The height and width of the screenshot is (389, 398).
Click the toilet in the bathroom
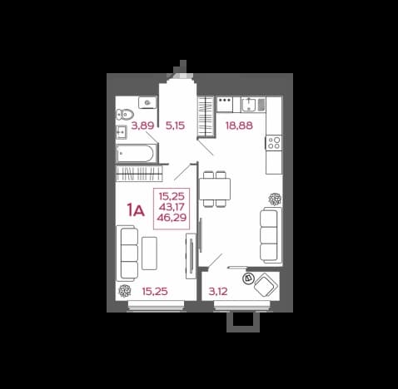[125, 114]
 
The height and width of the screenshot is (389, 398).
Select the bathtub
[136, 153]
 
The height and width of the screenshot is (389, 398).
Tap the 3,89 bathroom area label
[142, 126]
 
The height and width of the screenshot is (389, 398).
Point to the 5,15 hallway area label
[175, 126]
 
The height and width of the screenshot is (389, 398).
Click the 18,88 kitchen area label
[239, 126]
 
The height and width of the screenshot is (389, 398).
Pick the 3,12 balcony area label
[218, 291]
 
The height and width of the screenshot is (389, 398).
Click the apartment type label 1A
[136, 210]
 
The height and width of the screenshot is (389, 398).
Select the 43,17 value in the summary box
[172, 207]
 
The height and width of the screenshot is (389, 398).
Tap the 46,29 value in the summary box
[172, 218]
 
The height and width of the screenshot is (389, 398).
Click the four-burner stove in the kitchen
[274, 143]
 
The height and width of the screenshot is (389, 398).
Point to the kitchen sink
[249, 105]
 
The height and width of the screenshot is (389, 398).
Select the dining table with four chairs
[215, 190]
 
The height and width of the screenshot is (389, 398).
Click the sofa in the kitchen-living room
[271, 235]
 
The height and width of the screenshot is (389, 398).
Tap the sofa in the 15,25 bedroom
[127, 254]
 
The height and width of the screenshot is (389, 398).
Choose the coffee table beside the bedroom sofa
[149, 254]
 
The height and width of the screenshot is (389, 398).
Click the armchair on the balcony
[266, 285]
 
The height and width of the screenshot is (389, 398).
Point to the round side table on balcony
[248, 278]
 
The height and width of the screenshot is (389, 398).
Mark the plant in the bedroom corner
[125, 291]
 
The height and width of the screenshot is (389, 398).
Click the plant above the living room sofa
[275, 199]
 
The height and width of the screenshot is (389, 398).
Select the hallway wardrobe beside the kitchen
[206, 116]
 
